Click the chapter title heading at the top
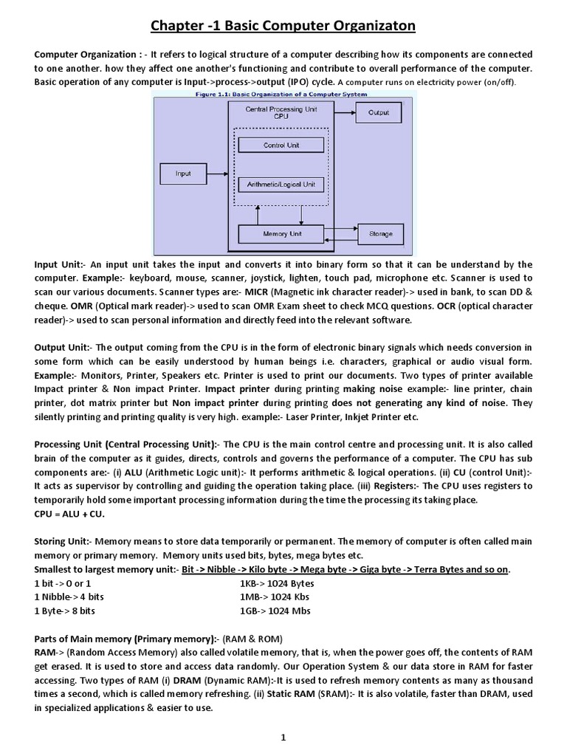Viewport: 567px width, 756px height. (283, 27)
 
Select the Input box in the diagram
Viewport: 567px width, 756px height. (183, 174)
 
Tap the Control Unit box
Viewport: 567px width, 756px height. (281, 145)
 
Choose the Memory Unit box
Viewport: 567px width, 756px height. (281, 234)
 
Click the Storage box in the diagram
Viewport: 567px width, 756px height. (381, 234)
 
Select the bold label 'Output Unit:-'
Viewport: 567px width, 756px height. (64, 347)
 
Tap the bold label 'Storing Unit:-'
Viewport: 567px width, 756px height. (63, 541)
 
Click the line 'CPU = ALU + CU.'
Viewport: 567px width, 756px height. (69, 514)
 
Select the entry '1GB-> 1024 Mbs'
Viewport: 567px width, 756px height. (275, 611)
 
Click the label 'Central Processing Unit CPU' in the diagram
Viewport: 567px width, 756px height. (281, 112)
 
